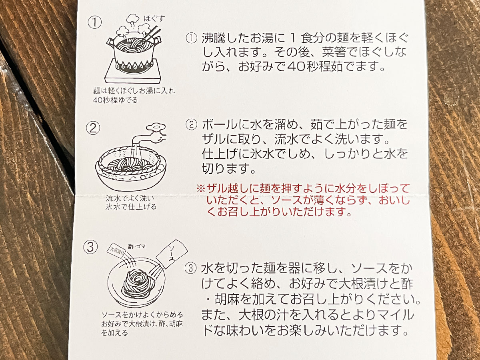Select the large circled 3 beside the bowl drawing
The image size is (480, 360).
coord(91,247)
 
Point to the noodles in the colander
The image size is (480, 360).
coord(130,165)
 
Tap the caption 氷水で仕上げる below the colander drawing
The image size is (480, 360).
coord(131,207)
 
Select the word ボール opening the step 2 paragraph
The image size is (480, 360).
coord(219,124)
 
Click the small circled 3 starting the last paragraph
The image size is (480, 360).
coord(192,268)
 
